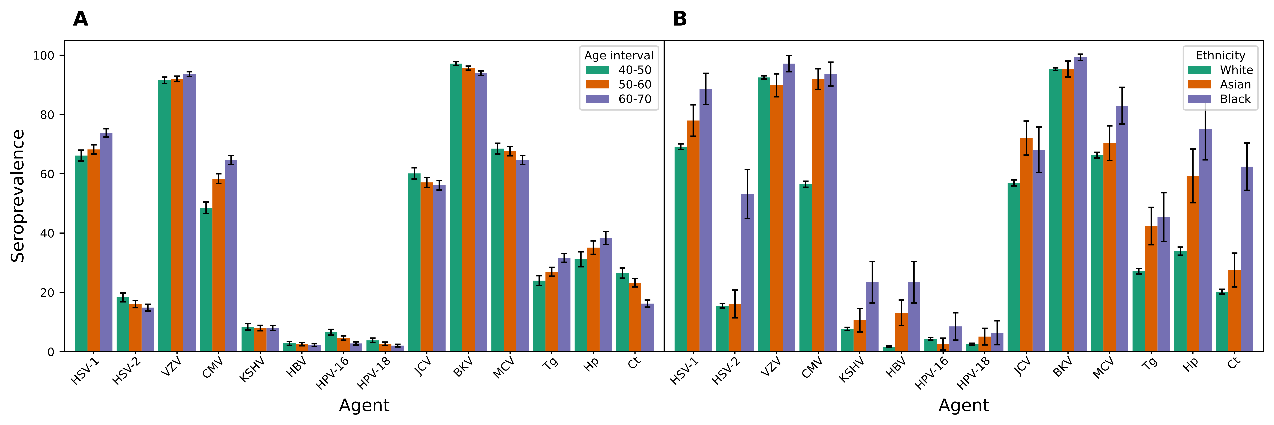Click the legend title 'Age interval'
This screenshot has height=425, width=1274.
tap(619, 55)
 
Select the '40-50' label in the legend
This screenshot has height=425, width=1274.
tap(635, 70)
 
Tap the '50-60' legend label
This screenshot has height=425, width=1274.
tap(635, 85)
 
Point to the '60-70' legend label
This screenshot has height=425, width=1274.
tap(635, 99)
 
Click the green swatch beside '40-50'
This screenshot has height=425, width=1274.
tap(597, 70)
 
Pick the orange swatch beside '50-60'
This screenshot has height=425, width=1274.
tap(597, 85)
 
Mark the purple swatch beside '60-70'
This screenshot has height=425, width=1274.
tap(597, 99)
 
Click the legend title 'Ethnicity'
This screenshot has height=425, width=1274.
tap(1220, 55)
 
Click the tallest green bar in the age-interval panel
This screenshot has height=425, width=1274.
tap(456, 208)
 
